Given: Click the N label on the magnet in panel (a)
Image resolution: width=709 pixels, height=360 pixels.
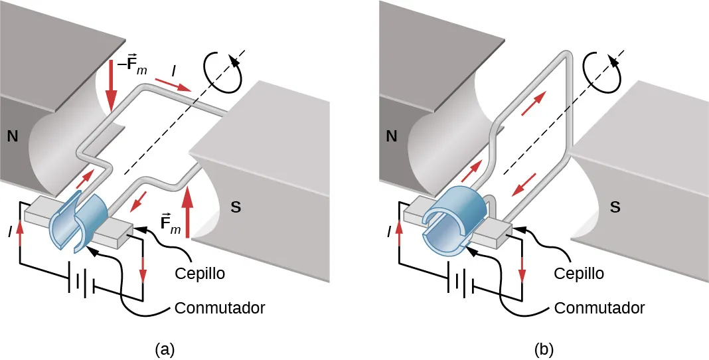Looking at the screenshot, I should point(12,137).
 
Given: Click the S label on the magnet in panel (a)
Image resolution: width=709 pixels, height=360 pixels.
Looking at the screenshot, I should point(236,206).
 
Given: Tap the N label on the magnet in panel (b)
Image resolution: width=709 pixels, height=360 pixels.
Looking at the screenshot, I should point(391,137).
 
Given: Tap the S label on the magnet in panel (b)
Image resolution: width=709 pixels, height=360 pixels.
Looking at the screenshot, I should point(615,206).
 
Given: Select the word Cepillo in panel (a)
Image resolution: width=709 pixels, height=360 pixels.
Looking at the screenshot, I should point(200,273).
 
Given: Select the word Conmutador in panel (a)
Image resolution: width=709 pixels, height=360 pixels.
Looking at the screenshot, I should point(220,308).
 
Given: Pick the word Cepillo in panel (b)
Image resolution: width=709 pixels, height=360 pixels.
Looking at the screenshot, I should point(579,273).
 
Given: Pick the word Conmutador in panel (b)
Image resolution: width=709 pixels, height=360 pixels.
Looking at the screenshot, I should point(599,308).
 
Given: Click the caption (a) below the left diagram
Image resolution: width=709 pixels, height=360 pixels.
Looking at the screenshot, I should point(165,348).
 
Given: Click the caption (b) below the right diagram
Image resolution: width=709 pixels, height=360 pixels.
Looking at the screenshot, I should point(543,348).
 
